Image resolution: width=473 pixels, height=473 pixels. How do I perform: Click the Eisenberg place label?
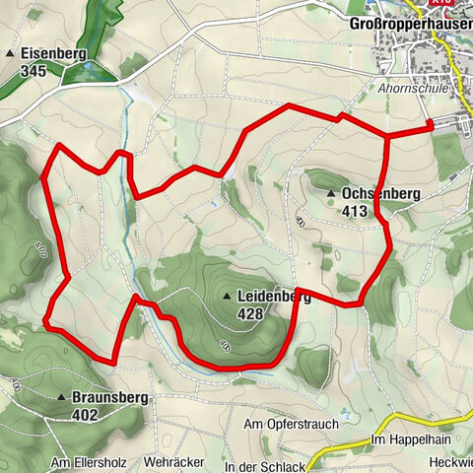(51, 52)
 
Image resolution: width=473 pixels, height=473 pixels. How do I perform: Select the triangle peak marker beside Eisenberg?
(11, 53)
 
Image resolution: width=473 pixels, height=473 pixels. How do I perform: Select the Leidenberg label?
(274, 296)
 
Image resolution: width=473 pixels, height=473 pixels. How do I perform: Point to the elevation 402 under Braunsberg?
(86, 416)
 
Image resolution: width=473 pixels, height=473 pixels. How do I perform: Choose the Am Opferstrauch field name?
(291, 424)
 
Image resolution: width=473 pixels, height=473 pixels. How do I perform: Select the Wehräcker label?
(173, 461)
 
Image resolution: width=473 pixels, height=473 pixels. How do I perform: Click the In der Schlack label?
(261, 465)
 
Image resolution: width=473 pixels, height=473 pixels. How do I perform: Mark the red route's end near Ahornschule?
(431, 125)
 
